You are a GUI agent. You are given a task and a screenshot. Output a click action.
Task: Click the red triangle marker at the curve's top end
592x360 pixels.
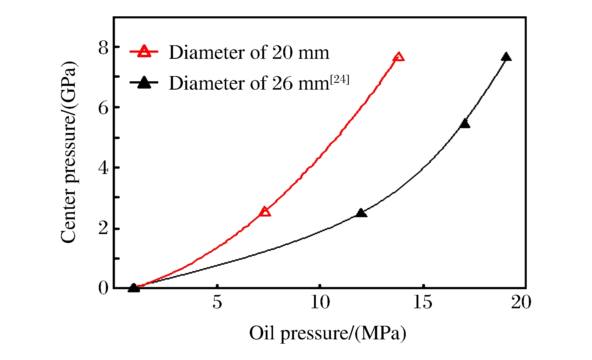(399, 57)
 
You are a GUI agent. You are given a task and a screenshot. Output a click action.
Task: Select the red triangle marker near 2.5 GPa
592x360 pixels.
(264, 212)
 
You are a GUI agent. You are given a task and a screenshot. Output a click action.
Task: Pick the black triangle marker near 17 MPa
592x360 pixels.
(465, 124)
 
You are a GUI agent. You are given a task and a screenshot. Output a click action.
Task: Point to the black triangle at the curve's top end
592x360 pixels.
(506, 57)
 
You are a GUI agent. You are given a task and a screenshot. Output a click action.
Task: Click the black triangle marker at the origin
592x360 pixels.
(134, 288)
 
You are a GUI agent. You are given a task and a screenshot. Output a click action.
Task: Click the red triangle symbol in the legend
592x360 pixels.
(144, 51)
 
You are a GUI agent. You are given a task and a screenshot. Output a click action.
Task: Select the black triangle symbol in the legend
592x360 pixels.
(144, 83)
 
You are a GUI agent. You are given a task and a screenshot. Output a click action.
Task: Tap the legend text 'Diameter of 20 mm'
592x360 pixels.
(249, 52)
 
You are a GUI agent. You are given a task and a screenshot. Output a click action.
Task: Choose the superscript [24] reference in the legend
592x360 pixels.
(340, 79)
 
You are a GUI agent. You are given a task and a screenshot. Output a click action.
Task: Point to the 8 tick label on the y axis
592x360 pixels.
(103, 48)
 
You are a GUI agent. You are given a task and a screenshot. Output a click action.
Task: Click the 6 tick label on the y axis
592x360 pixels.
(103, 108)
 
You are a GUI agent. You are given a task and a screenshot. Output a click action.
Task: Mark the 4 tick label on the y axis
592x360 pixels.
(103, 168)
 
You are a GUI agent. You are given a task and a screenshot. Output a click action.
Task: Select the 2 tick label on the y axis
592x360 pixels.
(103, 228)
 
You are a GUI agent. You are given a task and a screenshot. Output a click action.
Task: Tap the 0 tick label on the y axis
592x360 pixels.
(103, 288)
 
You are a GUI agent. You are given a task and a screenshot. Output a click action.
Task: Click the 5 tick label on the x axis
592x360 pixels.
(217, 302)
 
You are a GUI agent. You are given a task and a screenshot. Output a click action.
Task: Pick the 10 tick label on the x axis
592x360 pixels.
(320, 302)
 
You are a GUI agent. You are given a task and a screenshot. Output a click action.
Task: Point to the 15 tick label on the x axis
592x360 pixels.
(423, 302)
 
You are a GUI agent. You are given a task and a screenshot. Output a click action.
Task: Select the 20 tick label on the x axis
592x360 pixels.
(521, 302)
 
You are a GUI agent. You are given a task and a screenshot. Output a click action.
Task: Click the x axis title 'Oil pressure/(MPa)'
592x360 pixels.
(328, 334)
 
